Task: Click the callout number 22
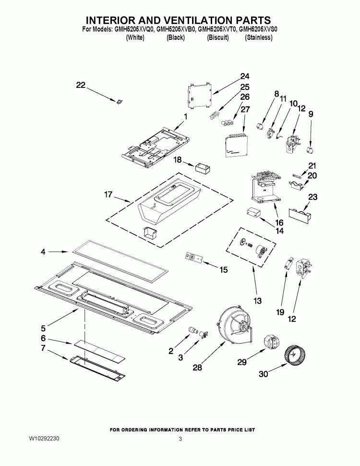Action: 80,85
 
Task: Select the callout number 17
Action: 108,195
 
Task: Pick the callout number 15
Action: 223,270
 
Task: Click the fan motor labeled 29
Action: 272,343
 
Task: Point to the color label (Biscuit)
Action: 217,37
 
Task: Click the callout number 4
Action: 43,251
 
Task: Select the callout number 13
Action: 257,301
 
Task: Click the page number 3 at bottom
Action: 180,439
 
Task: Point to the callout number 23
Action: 312,196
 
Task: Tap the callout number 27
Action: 245,109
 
